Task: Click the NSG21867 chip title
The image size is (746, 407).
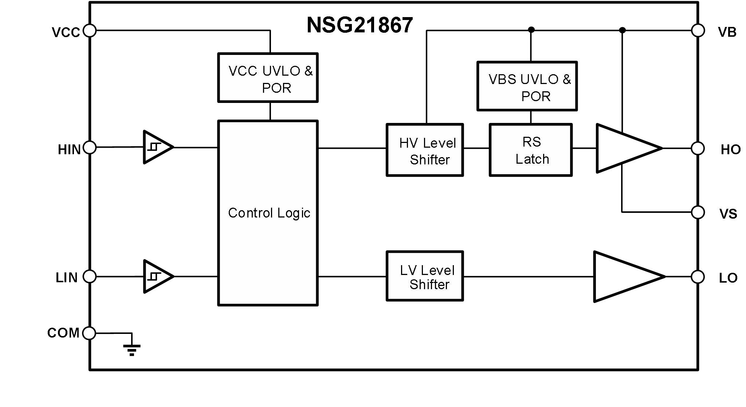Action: pyautogui.click(x=360, y=25)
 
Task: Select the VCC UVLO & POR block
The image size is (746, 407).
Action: pyautogui.click(x=268, y=78)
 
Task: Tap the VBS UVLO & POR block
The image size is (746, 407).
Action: pyautogui.click(x=527, y=86)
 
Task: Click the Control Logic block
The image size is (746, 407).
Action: pyautogui.click(x=268, y=213)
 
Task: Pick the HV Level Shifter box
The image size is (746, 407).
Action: pyautogui.click(x=425, y=150)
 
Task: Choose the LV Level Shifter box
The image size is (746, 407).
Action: pyautogui.click(x=425, y=276)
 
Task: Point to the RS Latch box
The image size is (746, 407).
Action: pyautogui.click(x=531, y=150)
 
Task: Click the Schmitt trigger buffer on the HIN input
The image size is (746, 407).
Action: pyautogui.click(x=157, y=147)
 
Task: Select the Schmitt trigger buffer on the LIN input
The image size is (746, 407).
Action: pyautogui.click(x=157, y=276)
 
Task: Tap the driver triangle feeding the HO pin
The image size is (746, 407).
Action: pyautogui.click(x=625, y=148)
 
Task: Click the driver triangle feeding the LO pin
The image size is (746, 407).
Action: pyautogui.click(x=625, y=276)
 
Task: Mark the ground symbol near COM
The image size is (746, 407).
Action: pyautogui.click(x=131, y=349)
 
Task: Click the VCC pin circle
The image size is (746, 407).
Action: pyautogui.click(x=90, y=31)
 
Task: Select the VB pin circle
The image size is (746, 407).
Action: pyautogui.click(x=698, y=31)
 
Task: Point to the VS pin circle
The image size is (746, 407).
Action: pyautogui.click(x=698, y=212)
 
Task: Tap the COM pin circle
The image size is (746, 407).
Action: pyautogui.click(x=89, y=333)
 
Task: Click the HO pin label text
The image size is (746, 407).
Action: pyautogui.click(x=730, y=150)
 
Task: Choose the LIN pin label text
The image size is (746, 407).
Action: pyautogui.click(x=66, y=278)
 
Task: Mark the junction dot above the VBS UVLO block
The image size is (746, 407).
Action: pyautogui.click(x=531, y=29)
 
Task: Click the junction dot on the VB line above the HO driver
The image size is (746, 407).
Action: pyautogui.click(x=622, y=30)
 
